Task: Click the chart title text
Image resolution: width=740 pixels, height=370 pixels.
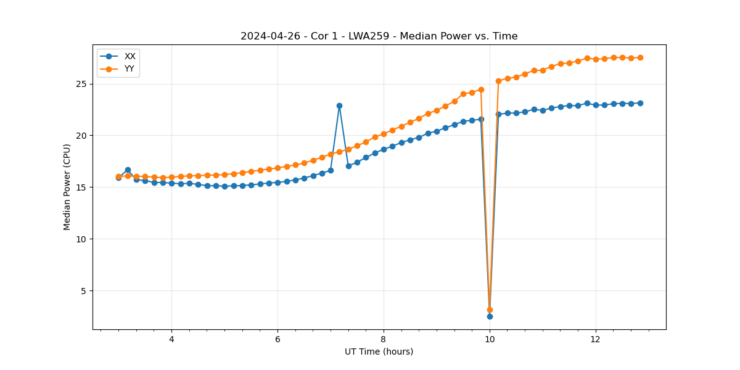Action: [379, 36]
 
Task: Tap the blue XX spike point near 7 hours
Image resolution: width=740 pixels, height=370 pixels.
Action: [339, 105]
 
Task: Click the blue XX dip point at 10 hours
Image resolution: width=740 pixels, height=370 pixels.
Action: [490, 316]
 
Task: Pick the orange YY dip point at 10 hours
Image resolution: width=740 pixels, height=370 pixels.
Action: [490, 310]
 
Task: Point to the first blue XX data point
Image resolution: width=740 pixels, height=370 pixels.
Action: [118, 178]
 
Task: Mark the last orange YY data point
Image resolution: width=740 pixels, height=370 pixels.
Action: [640, 57]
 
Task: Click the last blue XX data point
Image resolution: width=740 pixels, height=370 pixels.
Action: [640, 103]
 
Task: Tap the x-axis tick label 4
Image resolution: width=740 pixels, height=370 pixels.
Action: [171, 339]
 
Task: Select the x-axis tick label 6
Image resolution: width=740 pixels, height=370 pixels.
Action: [277, 339]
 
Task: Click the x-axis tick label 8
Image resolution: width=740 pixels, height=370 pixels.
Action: [384, 339]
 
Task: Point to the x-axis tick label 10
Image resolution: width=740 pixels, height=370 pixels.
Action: [490, 339]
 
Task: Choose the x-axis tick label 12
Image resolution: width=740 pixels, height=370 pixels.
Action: [596, 339]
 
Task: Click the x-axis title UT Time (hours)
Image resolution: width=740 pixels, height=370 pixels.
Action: [379, 351]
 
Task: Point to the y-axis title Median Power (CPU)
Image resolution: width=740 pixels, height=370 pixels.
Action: [67, 187]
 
